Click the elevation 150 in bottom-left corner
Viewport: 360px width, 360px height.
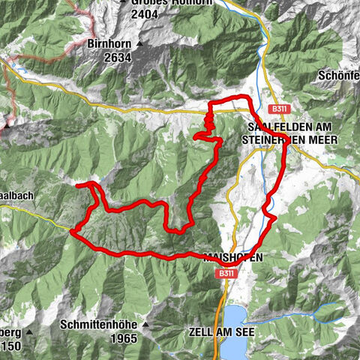pyautogui.click(x=12, y=346)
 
